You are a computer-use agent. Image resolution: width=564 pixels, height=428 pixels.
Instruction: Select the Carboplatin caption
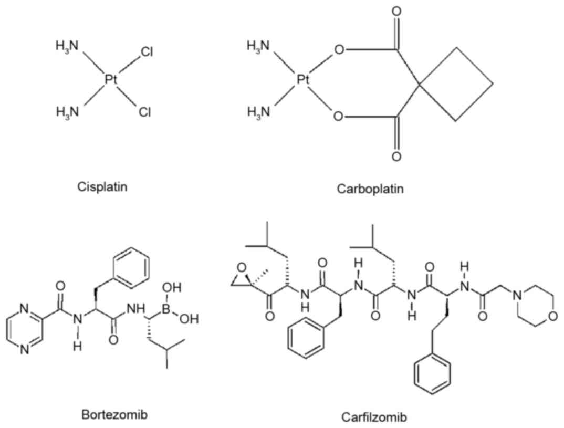(371, 189)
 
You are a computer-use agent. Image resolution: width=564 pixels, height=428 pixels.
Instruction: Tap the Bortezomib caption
(114, 415)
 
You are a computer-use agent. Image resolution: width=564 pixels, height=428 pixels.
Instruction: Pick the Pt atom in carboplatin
(302, 79)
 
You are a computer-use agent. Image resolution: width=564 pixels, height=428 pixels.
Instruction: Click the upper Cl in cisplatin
(147, 52)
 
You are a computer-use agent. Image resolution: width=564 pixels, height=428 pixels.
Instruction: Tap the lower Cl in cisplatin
(144, 112)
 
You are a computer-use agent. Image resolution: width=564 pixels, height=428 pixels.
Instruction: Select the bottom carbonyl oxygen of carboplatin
(398, 156)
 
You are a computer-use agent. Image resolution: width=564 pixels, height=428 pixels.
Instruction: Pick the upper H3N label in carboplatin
(258, 46)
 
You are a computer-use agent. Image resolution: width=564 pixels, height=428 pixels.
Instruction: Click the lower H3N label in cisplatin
(67, 111)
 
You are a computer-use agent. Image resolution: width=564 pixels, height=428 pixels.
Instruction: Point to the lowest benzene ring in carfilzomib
(432, 374)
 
